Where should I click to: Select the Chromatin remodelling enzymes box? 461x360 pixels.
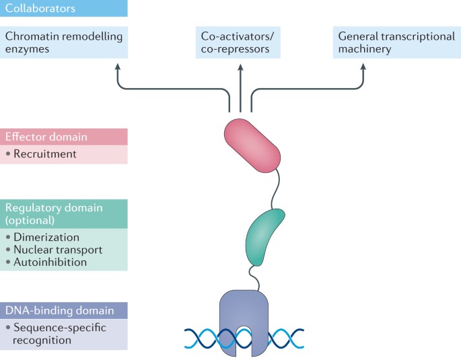point(63,42)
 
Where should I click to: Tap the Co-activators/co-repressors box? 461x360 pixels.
point(240,42)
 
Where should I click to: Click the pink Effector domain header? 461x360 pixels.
point(63,137)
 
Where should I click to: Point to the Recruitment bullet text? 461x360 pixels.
point(45,154)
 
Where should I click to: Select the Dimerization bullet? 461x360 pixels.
point(46,238)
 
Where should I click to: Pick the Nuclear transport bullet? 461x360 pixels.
point(58,250)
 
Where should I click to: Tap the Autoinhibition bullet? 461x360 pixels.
point(50,262)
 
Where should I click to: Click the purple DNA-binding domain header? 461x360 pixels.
point(63,310)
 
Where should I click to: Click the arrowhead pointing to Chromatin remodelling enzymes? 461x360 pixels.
point(118,66)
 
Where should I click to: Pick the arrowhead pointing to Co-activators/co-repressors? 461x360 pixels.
point(240,66)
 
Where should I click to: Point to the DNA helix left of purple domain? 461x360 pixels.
point(202,335)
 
